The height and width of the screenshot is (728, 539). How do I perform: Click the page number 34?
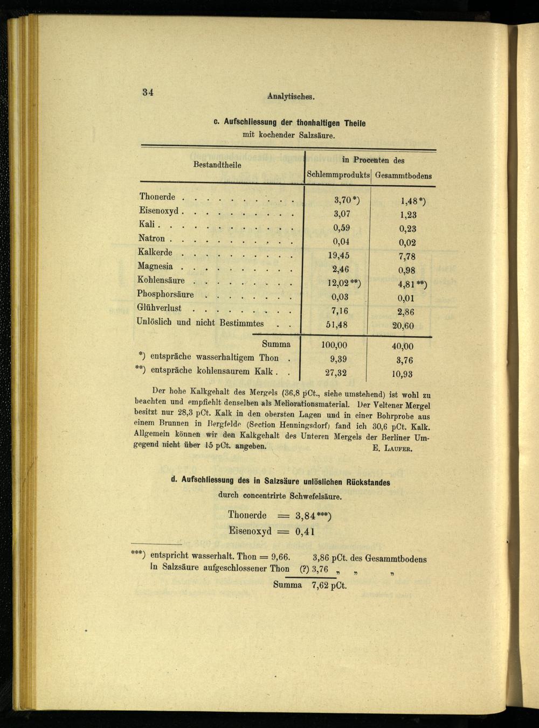click(x=148, y=92)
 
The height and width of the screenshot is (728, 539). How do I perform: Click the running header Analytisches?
click(x=291, y=97)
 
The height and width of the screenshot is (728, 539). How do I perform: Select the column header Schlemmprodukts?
click(x=338, y=175)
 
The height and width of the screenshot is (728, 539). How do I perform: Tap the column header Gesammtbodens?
click(x=403, y=176)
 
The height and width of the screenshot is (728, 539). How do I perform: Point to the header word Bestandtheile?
click(x=217, y=165)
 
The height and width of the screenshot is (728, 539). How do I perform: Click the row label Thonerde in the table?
click(x=157, y=197)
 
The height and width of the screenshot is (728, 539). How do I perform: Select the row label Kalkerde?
click(x=155, y=253)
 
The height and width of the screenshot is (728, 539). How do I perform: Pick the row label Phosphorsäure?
click(x=165, y=294)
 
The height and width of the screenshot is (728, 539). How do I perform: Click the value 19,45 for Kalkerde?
click(x=338, y=255)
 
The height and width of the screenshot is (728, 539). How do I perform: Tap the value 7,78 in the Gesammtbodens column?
click(x=407, y=257)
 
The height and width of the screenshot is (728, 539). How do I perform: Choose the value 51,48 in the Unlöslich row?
click(x=336, y=325)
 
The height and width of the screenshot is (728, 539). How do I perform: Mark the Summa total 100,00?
click(x=334, y=345)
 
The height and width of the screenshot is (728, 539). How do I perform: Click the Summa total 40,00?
click(x=403, y=346)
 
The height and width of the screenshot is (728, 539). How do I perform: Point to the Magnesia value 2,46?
click(x=340, y=269)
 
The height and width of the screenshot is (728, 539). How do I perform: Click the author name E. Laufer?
click(x=392, y=449)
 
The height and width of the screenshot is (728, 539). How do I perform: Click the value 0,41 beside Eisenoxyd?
click(x=305, y=531)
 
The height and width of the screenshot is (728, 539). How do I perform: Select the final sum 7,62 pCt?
click(x=329, y=586)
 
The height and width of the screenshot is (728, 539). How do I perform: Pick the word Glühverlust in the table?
click(x=159, y=308)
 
